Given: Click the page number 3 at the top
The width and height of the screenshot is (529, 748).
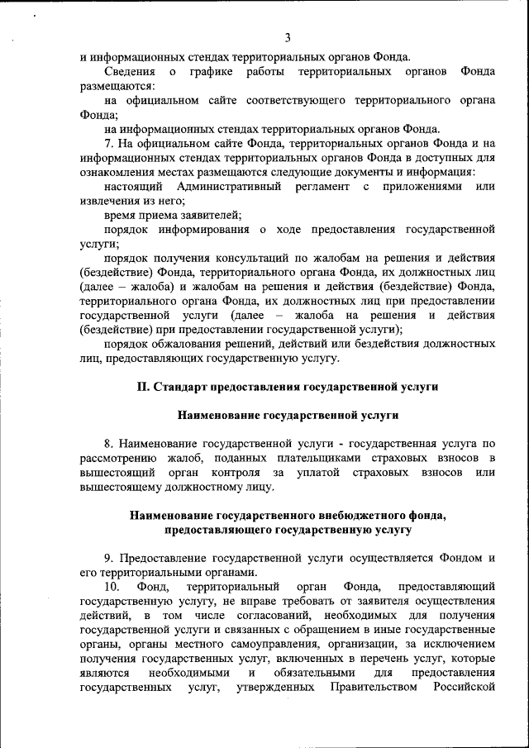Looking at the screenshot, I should [x=288, y=37].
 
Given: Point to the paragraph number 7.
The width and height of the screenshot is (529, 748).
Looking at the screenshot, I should [x=108, y=143].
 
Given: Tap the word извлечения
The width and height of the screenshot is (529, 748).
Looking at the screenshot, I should [x=110, y=201].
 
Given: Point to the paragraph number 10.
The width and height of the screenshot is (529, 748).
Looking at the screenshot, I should [x=113, y=587].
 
